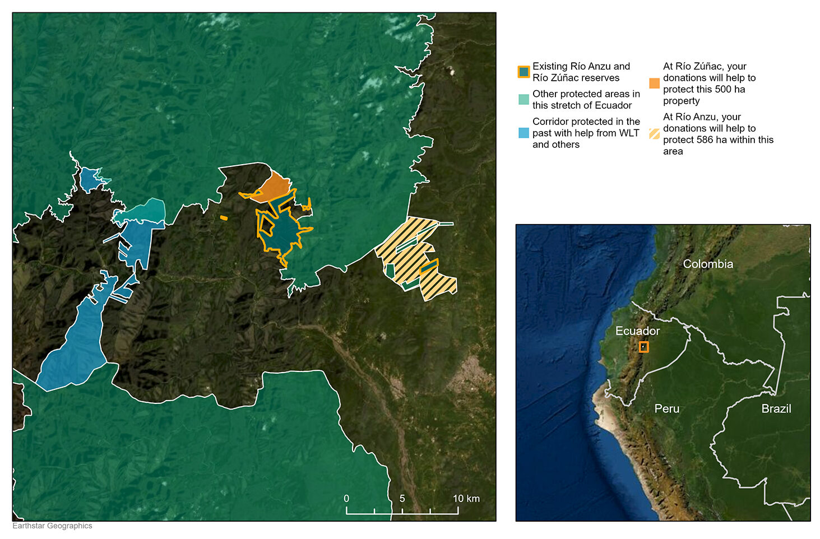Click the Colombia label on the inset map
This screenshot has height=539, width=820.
(707, 264)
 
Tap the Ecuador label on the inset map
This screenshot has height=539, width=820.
(637, 331)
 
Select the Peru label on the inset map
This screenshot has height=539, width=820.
(666, 408)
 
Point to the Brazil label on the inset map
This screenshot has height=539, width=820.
(776, 408)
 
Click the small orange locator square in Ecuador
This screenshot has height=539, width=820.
(643, 347)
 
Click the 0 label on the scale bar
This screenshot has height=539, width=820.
(346, 498)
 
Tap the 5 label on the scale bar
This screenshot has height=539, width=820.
(402, 498)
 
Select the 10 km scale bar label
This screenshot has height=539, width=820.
(466, 498)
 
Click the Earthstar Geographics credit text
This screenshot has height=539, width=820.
(52, 526)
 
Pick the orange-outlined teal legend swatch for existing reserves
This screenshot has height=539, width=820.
(523, 72)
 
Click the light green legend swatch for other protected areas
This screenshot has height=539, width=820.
(523, 100)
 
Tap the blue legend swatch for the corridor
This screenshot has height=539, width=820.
(523, 133)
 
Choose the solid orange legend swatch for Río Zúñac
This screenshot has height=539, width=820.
(654, 83)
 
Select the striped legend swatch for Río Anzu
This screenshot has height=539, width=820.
(654, 134)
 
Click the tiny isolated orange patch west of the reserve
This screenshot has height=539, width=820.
(224, 217)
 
